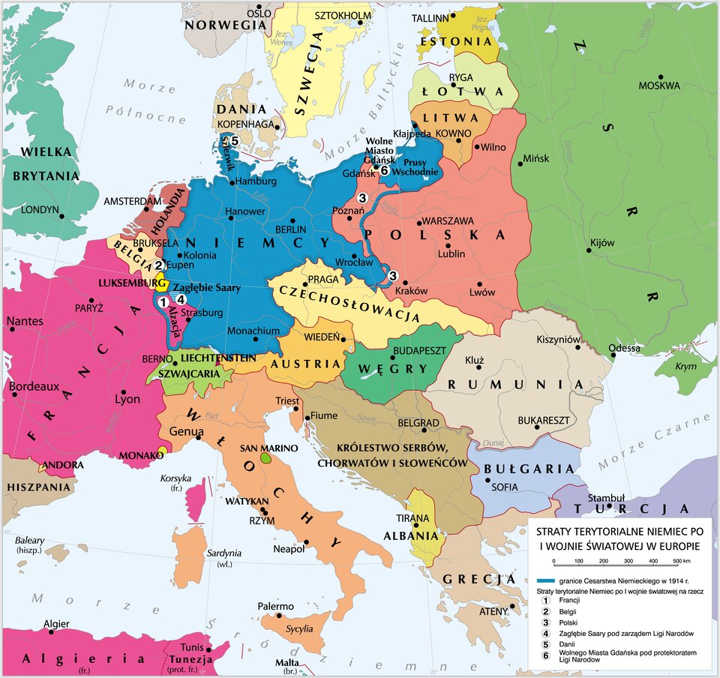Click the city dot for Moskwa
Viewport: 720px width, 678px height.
[661, 76]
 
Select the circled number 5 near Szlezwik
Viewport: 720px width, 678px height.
[234, 140]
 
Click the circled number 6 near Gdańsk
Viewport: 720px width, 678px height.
[383, 171]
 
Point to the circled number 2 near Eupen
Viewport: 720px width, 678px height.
[159, 265]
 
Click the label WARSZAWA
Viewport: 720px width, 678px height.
[448, 221]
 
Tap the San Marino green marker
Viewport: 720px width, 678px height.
[265, 457]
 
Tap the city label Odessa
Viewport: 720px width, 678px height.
[625, 348]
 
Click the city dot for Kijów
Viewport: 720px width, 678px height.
[589, 251]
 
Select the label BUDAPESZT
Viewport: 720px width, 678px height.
[419, 350]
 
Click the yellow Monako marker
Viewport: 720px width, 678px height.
[162, 451]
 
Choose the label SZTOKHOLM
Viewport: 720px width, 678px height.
[343, 15]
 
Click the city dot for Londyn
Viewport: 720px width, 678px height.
[63, 216]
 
